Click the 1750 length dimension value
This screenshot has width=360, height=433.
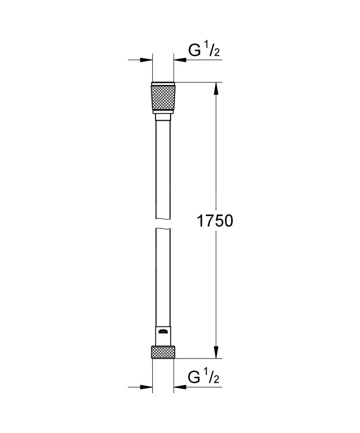[215, 220]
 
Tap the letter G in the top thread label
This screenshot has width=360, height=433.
[195, 51]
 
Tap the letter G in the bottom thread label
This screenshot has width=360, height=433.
[195, 377]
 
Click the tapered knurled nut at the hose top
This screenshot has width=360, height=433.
[163, 99]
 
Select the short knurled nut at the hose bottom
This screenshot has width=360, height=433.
[163, 352]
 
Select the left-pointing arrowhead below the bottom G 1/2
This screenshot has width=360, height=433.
[179, 386]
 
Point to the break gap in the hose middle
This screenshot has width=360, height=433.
[163, 224]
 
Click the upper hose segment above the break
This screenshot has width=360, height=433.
[163, 169]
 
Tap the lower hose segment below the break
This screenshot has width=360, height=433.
[163, 275]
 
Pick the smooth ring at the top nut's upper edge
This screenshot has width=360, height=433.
[163, 83]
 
